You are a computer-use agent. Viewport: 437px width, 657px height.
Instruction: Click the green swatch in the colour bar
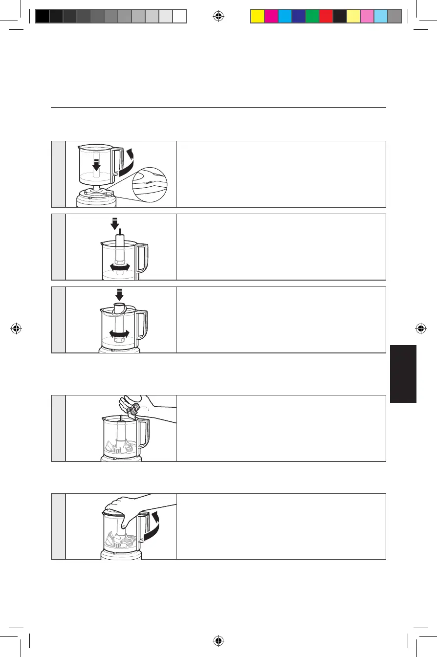[312, 17]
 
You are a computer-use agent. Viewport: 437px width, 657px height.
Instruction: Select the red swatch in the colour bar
[326, 17]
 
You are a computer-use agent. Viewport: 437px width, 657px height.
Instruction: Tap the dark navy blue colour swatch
[298, 17]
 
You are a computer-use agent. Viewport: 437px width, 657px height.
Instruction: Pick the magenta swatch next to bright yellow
[271, 17]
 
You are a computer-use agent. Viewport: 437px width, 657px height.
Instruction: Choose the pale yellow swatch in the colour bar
[353, 17]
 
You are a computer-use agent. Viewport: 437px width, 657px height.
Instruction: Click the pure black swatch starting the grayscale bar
[43, 17]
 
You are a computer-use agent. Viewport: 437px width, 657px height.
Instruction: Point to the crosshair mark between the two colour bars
[218, 17]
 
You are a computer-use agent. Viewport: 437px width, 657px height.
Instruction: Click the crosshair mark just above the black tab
[420, 328]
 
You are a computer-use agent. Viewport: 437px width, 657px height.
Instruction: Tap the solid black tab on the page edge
[403, 374]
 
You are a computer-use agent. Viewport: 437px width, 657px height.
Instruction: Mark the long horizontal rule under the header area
[218, 108]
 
